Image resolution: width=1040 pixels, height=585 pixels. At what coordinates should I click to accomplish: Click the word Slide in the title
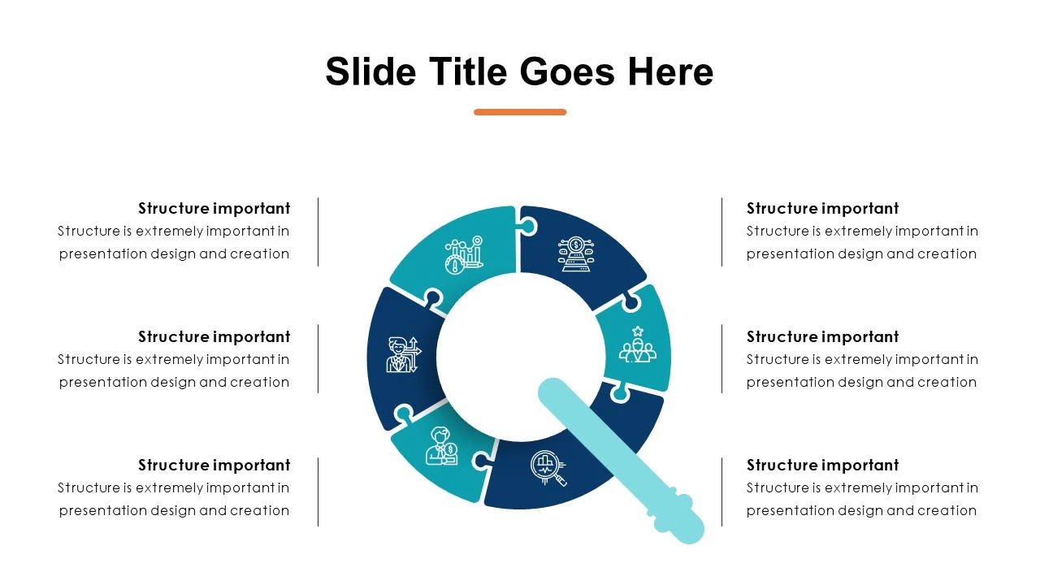click(370, 71)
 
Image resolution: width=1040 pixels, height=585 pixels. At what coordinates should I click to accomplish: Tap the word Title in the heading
click(468, 71)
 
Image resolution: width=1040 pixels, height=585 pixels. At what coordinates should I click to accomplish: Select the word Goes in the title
click(567, 71)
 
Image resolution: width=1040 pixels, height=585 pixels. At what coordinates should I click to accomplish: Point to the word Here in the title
click(670, 71)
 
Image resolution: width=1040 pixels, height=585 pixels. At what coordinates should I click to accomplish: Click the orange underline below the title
click(520, 112)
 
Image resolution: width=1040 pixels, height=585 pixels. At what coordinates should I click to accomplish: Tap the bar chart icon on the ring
click(464, 255)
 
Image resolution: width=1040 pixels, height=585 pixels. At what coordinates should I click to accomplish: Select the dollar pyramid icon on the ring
click(576, 254)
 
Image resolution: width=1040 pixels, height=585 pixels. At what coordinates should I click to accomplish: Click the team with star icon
click(638, 344)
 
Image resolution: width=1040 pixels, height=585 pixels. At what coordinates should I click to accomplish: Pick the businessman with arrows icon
click(404, 355)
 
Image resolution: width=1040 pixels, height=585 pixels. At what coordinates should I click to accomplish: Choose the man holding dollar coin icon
click(442, 446)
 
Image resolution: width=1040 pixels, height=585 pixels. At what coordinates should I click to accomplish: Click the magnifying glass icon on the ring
click(548, 468)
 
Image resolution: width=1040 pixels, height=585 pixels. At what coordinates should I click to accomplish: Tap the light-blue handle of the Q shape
click(622, 461)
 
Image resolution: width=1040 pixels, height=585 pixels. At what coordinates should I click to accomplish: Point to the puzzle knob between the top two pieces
click(528, 227)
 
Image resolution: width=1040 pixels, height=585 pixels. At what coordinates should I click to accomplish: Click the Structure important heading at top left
click(214, 209)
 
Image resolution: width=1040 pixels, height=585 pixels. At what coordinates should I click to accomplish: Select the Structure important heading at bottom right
click(822, 466)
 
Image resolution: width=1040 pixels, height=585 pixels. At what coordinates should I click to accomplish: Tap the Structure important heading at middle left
click(214, 336)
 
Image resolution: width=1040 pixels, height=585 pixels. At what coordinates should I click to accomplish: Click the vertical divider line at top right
click(722, 232)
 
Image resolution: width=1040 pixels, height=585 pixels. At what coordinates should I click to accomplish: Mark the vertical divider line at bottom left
click(318, 492)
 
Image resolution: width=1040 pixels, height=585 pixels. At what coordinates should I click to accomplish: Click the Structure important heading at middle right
click(822, 336)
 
